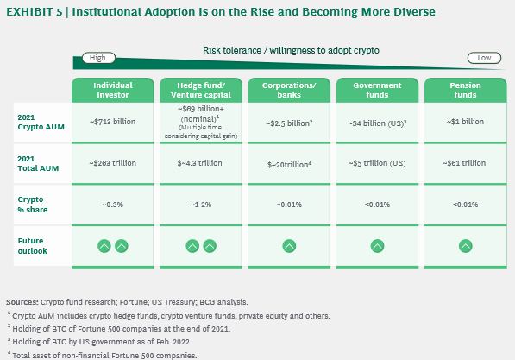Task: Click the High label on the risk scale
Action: click(x=98, y=58)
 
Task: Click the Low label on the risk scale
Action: click(x=484, y=58)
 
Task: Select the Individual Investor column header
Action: click(x=113, y=90)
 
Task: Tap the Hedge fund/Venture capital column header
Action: click(x=201, y=90)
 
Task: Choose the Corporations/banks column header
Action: click(x=289, y=90)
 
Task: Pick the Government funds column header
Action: click(x=377, y=90)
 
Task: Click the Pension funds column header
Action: click(x=466, y=90)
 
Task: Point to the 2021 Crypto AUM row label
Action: click(x=41, y=122)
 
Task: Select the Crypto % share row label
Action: click(x=33, y=205)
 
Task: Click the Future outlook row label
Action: click(x=32, y=246)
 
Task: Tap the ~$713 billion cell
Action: click(x=112, y=122)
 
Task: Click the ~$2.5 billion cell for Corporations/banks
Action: click(x=289, y=123)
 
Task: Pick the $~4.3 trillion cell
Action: click(x=199, y=163)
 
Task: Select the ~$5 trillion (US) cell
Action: click(x=377, y=163)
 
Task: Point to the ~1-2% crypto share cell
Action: click(x=201, y=205)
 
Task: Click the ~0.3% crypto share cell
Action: click(x=113, y=205)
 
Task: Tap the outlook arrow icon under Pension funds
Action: click(x=466, y=246)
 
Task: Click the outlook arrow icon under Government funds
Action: click(x=377, y=246)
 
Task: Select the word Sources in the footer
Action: click(x=22, y=302)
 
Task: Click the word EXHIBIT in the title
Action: click(x=29, y=12)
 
